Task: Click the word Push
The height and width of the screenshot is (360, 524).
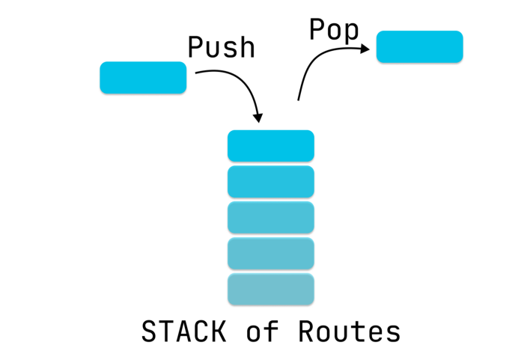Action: [x=221, y=47]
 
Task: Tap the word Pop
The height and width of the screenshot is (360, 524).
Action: [x=334, y=30]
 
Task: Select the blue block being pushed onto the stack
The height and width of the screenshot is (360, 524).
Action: [x=143, y=78]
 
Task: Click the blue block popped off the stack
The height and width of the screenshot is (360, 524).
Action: [x=419, y=46]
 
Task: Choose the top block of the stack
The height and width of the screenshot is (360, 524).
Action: [x=270, y=146]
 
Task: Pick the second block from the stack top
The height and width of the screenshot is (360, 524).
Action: [x=270, y=182]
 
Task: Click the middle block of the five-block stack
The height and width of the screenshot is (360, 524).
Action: [x=270, y=218]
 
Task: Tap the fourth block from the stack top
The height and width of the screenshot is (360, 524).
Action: [x=270, y=254]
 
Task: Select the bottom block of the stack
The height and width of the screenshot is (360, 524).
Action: [x=270, y=289]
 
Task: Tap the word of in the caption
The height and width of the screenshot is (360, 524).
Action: [x=262, y=332]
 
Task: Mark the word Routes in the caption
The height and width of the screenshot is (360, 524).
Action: [x=349, y=332]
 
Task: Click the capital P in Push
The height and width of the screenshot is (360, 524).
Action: [x=195, y=47]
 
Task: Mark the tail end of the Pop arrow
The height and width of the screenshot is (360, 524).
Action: [x=299, y=99]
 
